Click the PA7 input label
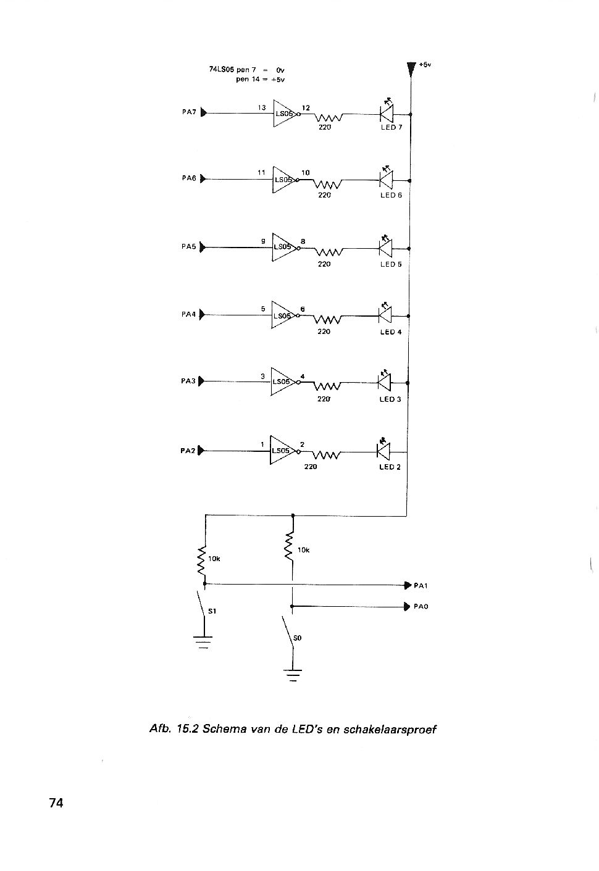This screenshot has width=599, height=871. (189, 112)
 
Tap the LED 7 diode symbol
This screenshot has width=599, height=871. (387, 114)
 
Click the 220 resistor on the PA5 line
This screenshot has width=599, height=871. (329, 252)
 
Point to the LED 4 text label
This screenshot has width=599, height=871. (390, 331)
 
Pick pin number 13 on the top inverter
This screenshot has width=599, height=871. (262, 107)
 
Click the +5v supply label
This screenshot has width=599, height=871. (425, 65)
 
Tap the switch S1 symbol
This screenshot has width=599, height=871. (201, 604)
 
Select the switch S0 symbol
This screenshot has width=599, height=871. (287, 631)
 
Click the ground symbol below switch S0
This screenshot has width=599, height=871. (293, 676)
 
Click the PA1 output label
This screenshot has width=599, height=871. (421, 586)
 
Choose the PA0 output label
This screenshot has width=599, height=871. (421, 607)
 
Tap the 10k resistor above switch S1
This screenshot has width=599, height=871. (201, 561)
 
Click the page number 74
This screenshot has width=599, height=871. (56, 803)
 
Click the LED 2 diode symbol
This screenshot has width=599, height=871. (383, 451)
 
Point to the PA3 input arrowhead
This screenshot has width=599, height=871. (201, 381)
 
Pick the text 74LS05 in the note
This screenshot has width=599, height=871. (221, 70)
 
